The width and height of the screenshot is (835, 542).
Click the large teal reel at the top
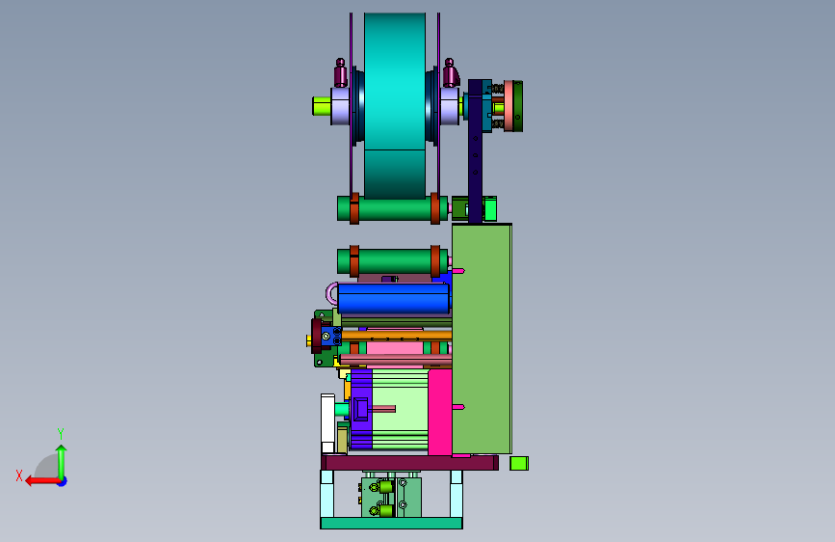pos(395,106)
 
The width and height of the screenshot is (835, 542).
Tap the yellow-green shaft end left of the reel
pos(322,106)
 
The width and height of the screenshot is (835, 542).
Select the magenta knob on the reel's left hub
pos(340,73)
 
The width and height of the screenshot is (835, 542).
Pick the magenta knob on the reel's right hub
pos(450,73)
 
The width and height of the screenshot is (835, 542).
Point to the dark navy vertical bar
pos(475,151)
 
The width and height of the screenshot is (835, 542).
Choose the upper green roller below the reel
pos(393,208)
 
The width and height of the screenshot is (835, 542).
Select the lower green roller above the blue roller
pos(393,260)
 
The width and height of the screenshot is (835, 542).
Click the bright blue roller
pos(394,298)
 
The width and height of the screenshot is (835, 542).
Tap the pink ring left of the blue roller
pos(329,293)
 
